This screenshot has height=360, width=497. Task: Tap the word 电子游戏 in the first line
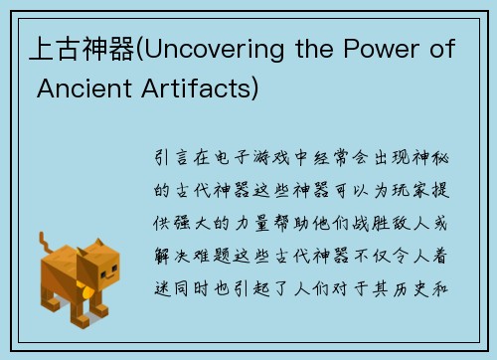(x=252, y=157)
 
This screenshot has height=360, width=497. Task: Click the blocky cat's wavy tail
(x=45, y=244)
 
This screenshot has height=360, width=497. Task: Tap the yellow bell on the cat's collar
(x=90, y=294)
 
